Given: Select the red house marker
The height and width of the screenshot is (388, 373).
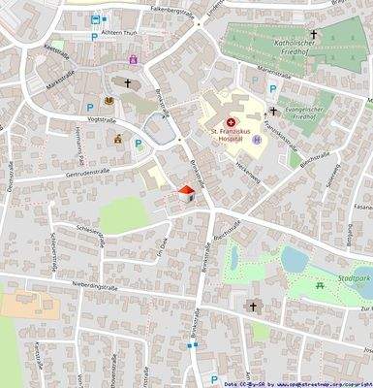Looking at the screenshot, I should pyautogui.click(x=187, y=194).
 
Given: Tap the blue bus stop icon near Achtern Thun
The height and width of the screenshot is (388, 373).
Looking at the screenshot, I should pyautogui.click(x=95, y=19).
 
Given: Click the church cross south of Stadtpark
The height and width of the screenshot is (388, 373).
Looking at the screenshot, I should pyautogui.click(x=254, y=307).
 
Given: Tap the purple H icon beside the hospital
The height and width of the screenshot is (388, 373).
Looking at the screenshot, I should pyautogui.click(x=257, y=140).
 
